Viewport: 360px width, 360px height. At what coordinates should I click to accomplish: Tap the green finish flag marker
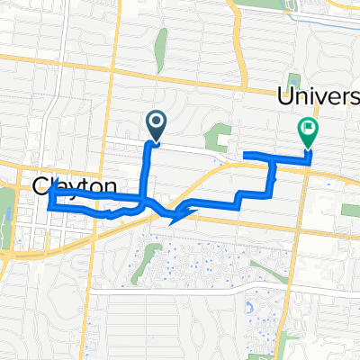(x=309, y=131)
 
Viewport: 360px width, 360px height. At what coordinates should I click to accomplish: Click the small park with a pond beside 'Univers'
(x=294, y=83)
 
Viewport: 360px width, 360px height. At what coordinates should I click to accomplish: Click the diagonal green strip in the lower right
(x=289, y=341)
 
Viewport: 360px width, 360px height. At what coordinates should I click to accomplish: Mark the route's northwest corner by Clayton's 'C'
(x=52, y=191)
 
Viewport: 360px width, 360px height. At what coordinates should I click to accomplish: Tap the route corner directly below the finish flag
(x=309, y=162)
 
